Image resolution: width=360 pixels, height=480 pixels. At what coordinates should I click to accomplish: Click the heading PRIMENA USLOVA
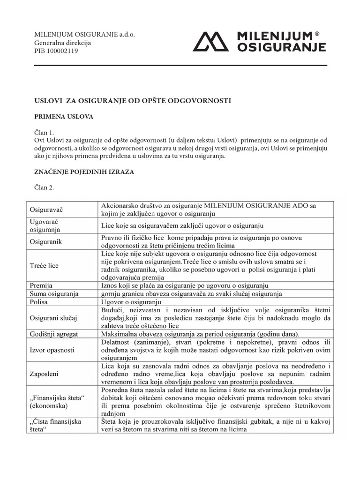pos(64,117)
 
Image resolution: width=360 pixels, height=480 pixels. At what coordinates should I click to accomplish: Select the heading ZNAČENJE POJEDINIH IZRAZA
pos(84,172)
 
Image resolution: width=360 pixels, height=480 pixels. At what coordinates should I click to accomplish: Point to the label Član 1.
pos(45,133)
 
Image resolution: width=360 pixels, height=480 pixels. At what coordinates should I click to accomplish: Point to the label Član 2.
pos(45,188)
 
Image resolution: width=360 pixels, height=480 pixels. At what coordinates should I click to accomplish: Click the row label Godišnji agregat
pos(54,334)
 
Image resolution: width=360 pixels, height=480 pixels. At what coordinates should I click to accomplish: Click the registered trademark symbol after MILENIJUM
pos(317,34)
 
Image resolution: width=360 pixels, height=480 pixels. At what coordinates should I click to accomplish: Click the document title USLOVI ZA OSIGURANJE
pos(134,101)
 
